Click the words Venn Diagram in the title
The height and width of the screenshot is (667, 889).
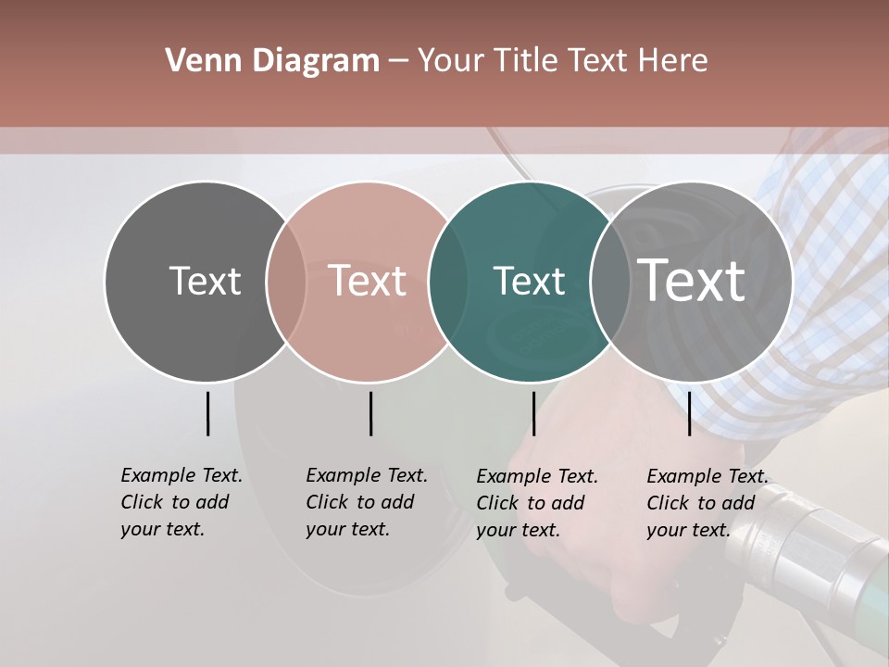pyautogui.click(x=272, y=61)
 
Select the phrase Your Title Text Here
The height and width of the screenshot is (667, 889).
pyautogui.click(x=563, y=61)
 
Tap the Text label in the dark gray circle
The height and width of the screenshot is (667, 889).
pyautogui.click(x=205, y=281)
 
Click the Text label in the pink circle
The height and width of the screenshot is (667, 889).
pyautogui.click(x=368, y=281)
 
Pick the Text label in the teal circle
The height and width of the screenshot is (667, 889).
pyautogui.click(x=529, y=281)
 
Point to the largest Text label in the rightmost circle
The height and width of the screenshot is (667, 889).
pyautogui.click(x=692, y=280)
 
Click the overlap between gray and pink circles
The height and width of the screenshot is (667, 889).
pyautogui.click(x=286, y=282)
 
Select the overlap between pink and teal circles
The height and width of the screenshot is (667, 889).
pyautogui.click(x=448, y=282)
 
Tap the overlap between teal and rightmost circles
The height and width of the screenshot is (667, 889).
pyautogui.click(x=610, y=282)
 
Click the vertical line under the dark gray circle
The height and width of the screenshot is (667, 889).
pyautogui.click(x=207, y=413)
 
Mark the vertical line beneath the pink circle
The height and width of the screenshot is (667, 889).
pyautogui.click(x=370, y=413)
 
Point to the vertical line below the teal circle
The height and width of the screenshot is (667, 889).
pyautogui.click(x=533, y=413)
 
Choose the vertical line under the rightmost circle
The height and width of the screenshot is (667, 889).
pyautogui.click(x=689, y=413)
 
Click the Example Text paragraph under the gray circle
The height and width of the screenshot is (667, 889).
pyautogui.click(x=181, y=502)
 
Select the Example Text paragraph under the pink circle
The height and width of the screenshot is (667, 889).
pyautogui.click(x=366, y=502)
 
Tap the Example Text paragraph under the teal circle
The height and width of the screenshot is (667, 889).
pyautogui.click(x=536, y=503)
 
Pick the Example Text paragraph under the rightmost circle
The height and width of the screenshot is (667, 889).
pyautogui.click(x=707, y=503)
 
